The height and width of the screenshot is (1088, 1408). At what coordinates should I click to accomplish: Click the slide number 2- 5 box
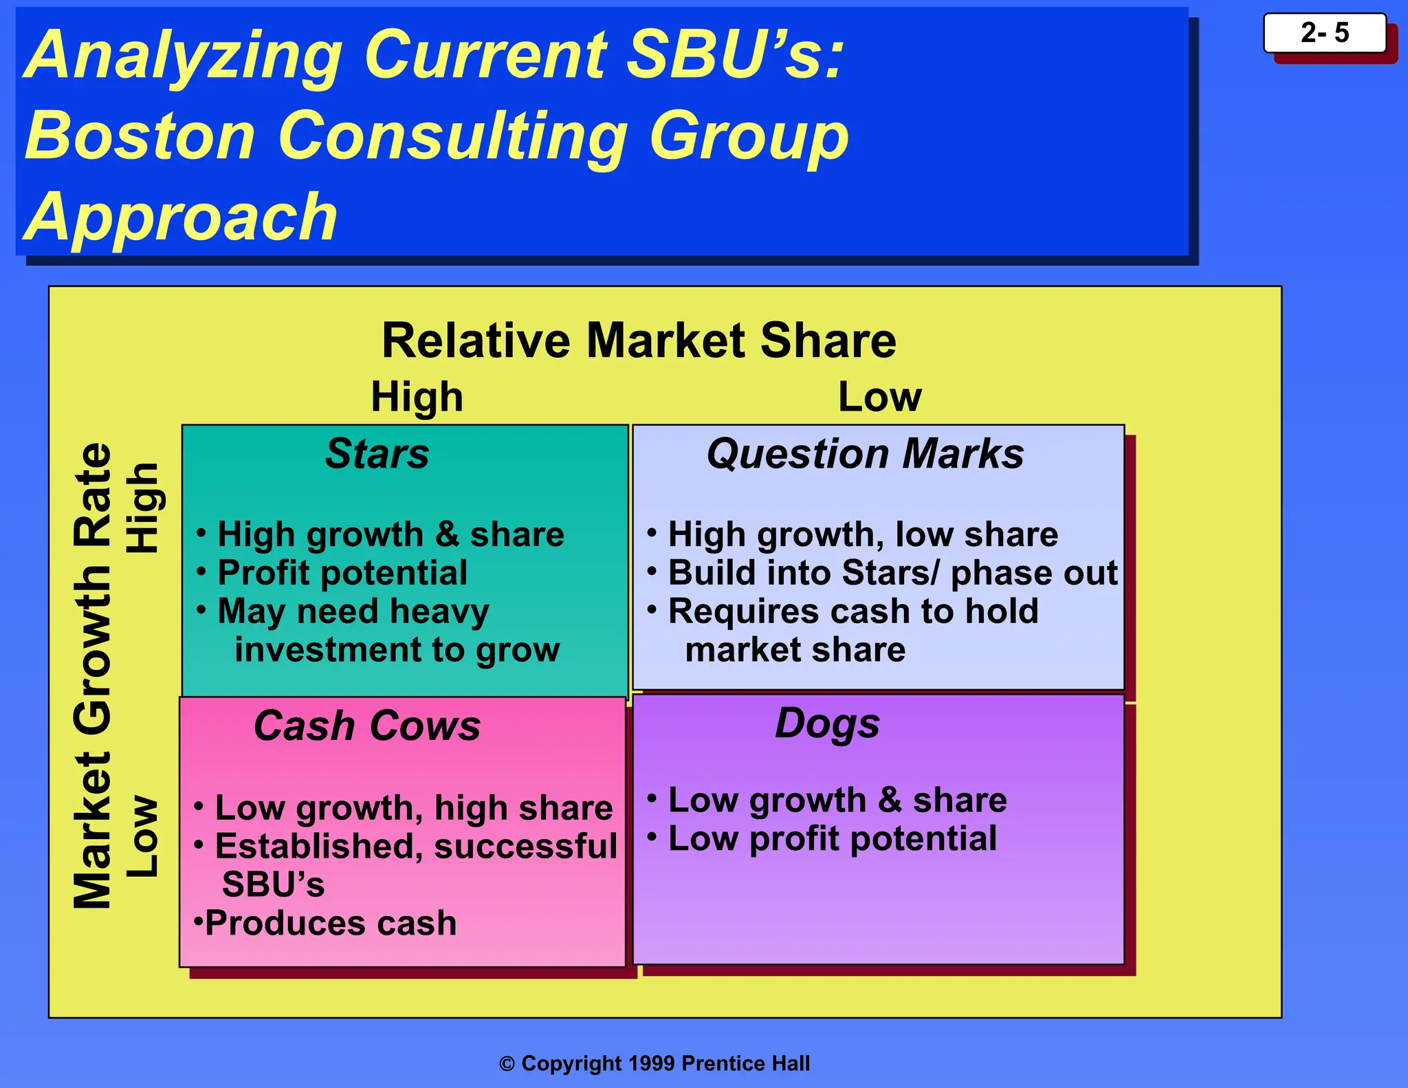click(1324, 33)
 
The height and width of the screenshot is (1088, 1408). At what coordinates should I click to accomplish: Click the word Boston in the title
click(140, 135)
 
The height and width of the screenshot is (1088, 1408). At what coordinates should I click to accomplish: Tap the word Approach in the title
click(181, 217)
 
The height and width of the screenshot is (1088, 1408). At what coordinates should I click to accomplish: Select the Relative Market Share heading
click(639, 340)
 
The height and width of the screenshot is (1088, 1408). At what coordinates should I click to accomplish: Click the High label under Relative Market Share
click(417, 397)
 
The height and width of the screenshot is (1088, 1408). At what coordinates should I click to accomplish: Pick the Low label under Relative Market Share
click(879, 397)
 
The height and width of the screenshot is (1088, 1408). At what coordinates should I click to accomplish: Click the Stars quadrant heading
click(377, 454)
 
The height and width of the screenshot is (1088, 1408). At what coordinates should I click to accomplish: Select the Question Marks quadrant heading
click(865, 454)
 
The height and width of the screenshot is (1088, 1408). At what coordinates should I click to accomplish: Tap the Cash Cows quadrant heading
click(367, 726)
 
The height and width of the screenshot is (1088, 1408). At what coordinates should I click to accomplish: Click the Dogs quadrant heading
click(827, 723)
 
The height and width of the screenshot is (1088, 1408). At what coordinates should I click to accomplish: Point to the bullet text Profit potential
click(342, 573)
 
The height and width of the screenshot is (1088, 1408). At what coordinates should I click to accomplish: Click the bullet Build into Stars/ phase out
click(892, 573)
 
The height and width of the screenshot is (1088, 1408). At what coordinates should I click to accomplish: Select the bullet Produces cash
click(330, 923)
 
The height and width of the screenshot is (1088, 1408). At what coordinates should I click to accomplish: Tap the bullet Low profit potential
click(832, 839)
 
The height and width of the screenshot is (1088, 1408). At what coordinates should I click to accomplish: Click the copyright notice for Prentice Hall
click(654, 1063)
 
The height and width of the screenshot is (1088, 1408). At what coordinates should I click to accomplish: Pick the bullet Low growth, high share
click(413, 808)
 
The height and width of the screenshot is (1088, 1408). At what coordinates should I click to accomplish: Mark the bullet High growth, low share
click(863, 535)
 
